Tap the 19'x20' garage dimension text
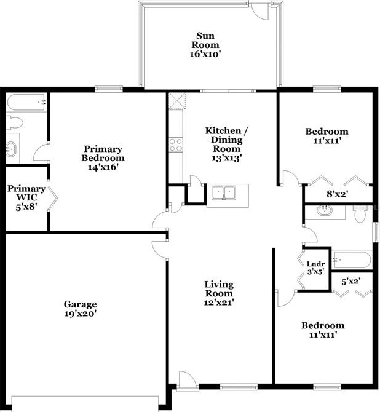point(80,314)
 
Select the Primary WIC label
point(26,194)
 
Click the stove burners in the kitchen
point(175,145)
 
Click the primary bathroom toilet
point(14,122)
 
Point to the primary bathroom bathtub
point(27,102)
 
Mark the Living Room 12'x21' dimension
point(219,302)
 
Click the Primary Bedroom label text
point(103,153)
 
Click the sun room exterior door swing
point(261,10)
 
